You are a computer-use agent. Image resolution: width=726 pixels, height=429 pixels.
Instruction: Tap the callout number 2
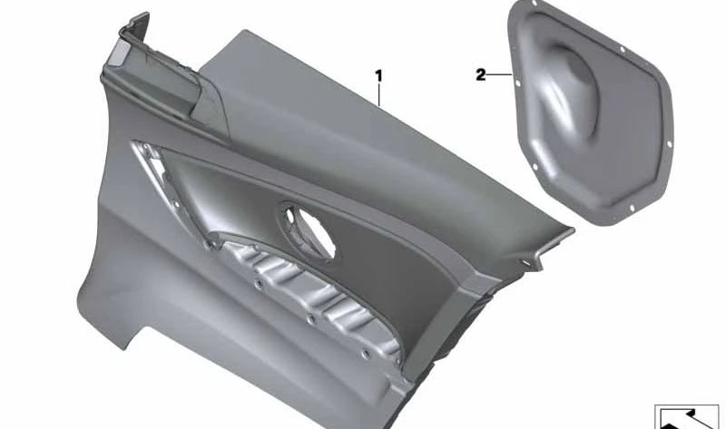(x=480, y=75)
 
